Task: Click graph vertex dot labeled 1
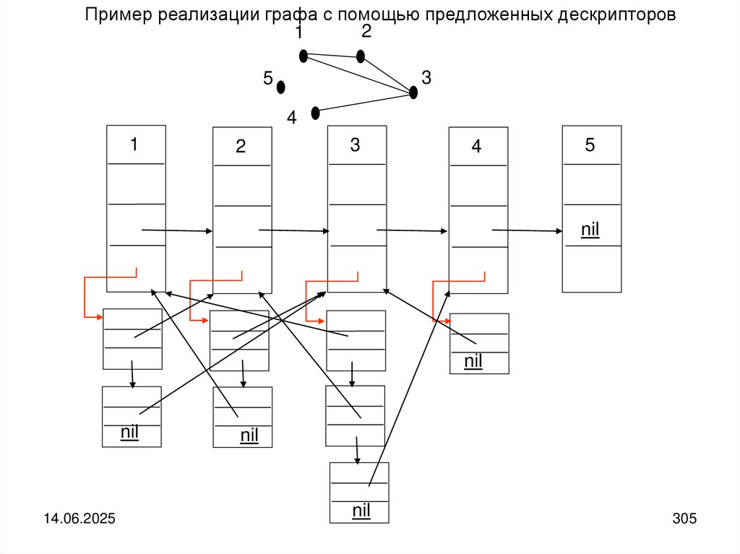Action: [304, 56]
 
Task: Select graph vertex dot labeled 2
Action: [361, 56]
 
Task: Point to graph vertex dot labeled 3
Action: [413, 92]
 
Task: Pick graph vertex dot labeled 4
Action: [315, 113]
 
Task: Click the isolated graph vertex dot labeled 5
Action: [281, 87]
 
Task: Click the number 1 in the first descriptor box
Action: [134, 144]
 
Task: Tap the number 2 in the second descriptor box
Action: [241, 147]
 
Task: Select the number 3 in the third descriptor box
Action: [355, 144]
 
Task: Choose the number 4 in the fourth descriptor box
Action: [476, 147]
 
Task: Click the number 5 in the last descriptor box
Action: [590, 144]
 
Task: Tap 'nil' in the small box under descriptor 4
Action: [473, 360]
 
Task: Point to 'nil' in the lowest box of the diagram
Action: [361, 511]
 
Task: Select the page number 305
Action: [684, 519]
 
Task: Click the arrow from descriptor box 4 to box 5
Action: [528, 231]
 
